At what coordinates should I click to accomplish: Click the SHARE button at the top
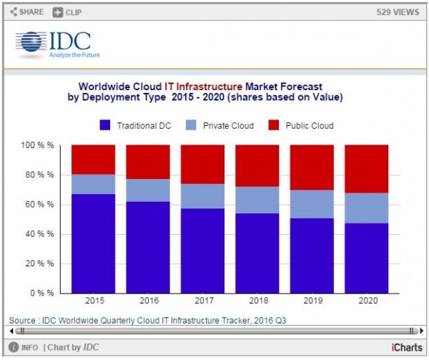26,12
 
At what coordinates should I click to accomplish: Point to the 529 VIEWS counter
397,12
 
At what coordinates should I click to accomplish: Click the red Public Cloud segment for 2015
93,160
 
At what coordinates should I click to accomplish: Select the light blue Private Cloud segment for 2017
203,196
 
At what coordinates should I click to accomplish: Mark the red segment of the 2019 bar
312,167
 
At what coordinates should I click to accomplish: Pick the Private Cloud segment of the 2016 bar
148,190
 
